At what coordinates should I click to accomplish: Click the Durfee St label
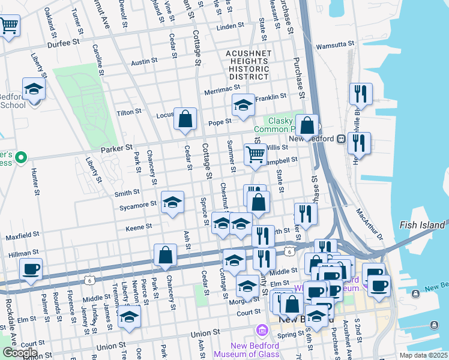(x=63, y=43)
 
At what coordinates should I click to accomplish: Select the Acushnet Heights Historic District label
(x=247, y=65)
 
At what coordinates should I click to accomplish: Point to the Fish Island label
(x=423, y=225)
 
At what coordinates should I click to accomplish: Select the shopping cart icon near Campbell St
(x=256, y=155)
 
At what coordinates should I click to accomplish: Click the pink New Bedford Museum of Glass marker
(x=262, y=331)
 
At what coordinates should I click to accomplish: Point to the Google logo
(x=19, y=353)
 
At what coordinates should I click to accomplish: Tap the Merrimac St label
(x=222, y=87)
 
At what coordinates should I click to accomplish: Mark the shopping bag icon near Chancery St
(x=166, y=254)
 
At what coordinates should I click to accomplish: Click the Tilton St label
(x=129, y=112)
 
